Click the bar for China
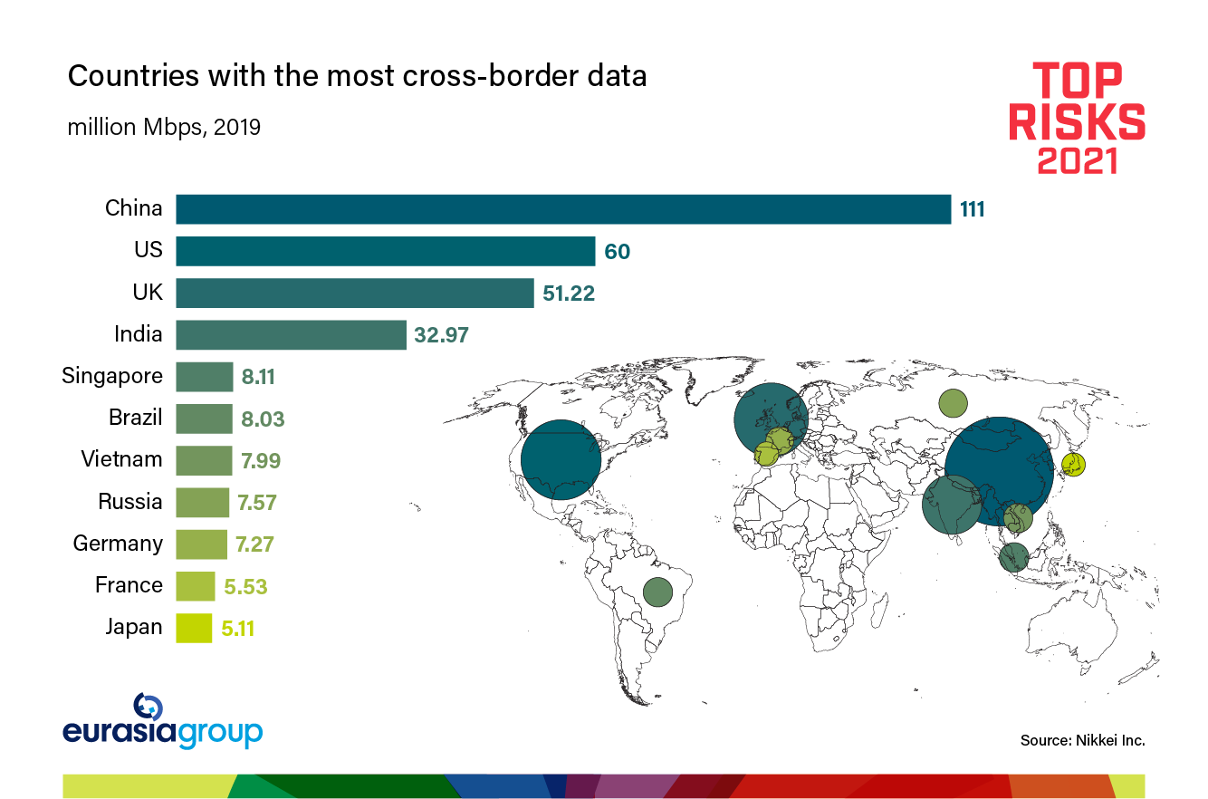tap(562, 208)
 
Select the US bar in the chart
tap(385, 251)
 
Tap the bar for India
tap(290, 334)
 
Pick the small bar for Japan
tap(194, 628)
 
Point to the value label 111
tap(972, 209)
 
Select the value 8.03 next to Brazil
tap(263, 419)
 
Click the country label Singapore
tap(112, 376)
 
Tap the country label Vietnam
tap(121, 459)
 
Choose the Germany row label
tap(118, 544)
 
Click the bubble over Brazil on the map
tap(657, 592)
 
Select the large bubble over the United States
tap(561, 460)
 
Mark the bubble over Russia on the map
tap(953, 402)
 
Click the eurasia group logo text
tap(163, 732)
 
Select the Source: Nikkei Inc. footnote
tap(1082, 740)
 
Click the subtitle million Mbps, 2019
tap(164, 128)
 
